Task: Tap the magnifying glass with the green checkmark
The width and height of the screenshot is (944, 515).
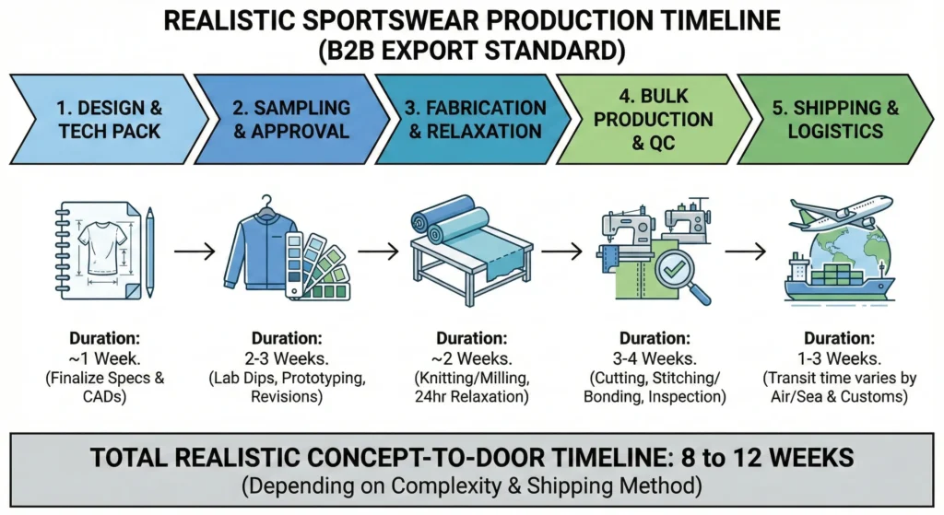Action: tap(679, 273)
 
